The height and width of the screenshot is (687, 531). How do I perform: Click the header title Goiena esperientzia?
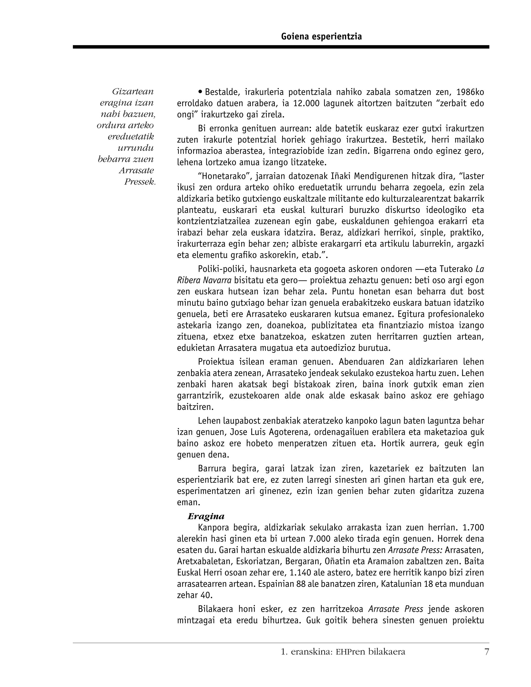[x=321, y=37]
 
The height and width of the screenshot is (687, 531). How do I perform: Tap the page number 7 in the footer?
[x=487, y=652]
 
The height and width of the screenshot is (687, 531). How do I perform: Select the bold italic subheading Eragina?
[x=206, y=516]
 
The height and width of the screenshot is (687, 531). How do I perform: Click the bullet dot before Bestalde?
[x=200, y=92]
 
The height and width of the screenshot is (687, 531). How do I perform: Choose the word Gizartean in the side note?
[x=133, y=92]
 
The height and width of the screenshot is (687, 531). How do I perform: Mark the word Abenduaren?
[x=360, y=362]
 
